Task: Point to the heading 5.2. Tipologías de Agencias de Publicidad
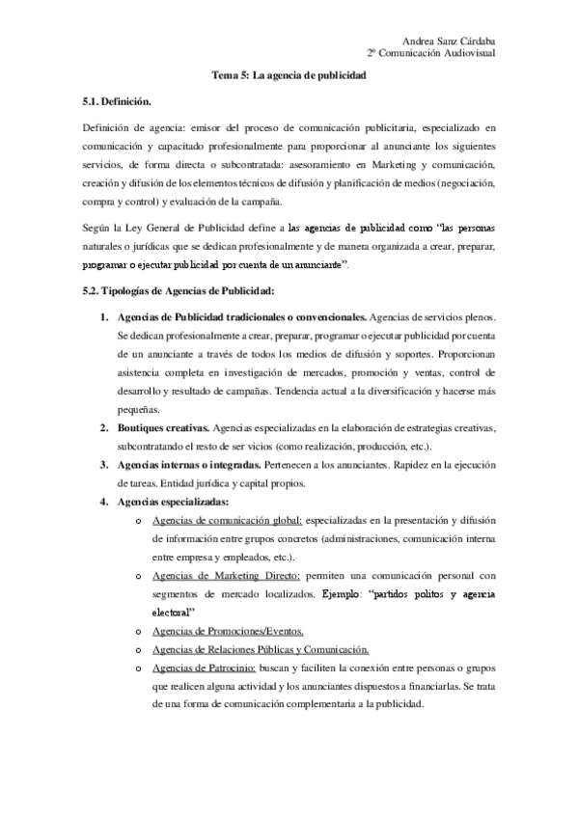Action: click(166, 290)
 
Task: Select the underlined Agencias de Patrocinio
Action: click(190, 668)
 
